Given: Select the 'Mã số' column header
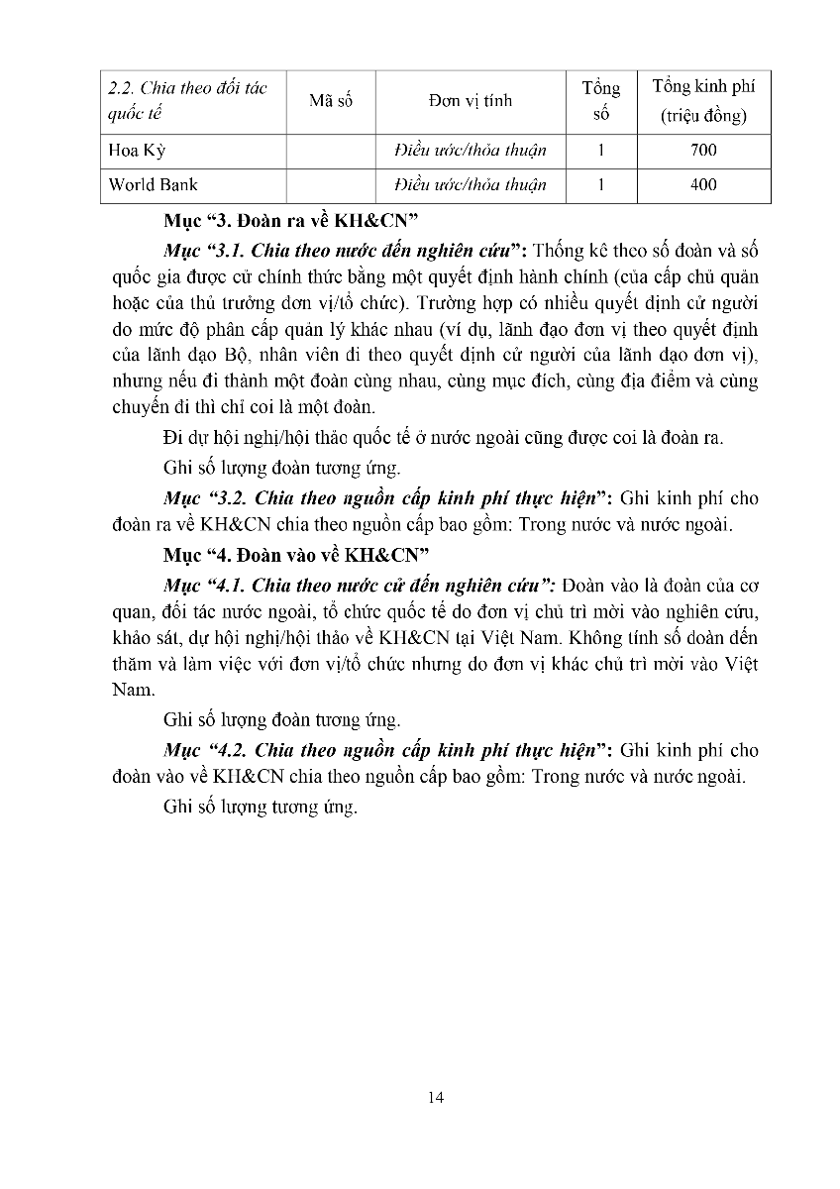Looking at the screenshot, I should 330,101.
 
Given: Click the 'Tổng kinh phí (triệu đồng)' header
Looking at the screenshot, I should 703,101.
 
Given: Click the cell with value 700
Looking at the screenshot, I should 703,151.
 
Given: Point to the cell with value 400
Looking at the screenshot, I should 703,184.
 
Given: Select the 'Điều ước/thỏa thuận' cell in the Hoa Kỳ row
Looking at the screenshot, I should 471,151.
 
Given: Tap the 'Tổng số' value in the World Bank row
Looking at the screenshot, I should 600,184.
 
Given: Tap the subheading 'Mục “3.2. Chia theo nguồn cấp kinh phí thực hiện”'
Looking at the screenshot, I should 387,498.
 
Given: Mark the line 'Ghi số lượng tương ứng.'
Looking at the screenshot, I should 260,808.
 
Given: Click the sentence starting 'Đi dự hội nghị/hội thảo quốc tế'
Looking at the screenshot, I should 442,438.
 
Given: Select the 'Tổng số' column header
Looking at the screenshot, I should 600,101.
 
